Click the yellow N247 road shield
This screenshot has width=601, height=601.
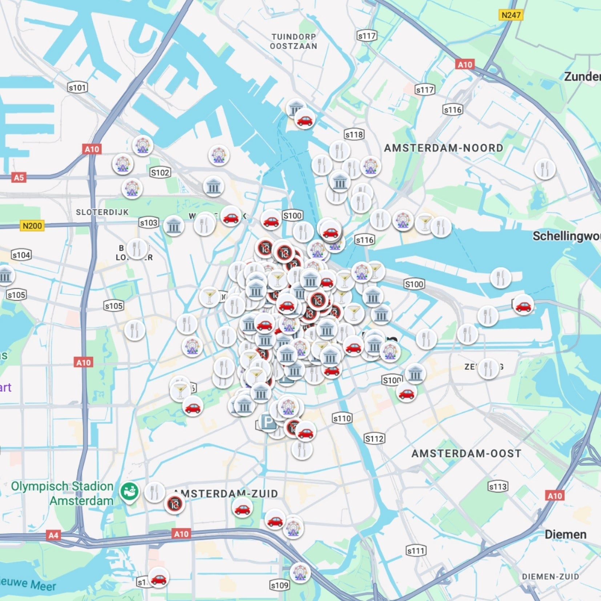(x=511, y=15)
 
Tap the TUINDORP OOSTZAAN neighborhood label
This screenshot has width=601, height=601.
(x=294, y=41)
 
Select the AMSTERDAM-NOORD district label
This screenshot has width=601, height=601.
(x=444, y=148)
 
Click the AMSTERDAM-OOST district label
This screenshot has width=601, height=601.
(x=467, y=453)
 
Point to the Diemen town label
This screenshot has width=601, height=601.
(x=565, y=535)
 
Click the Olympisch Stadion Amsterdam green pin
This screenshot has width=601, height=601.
(x=129, y=492)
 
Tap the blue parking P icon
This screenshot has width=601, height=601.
(x=268, y=422)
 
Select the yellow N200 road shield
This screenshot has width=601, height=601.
(x=32, y=226)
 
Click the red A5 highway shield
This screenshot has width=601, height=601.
(x=19, y=177)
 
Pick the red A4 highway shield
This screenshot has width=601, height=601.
(x=53, y=535)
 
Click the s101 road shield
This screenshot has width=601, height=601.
(x=77, y=88)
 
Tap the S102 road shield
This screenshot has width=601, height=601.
(x=160, y=173)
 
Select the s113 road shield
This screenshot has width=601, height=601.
(x=497, y=487)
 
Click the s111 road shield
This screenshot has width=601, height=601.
(x=416, y=551)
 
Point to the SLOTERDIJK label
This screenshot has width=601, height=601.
(x=102, y=212)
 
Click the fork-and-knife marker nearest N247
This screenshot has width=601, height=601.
(x=545, y=169)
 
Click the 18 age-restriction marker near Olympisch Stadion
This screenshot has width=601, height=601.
(x=174, y=504)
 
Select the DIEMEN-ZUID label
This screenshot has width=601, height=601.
(x=550, y=577)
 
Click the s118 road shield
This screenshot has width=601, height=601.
(x=354, y=134)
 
